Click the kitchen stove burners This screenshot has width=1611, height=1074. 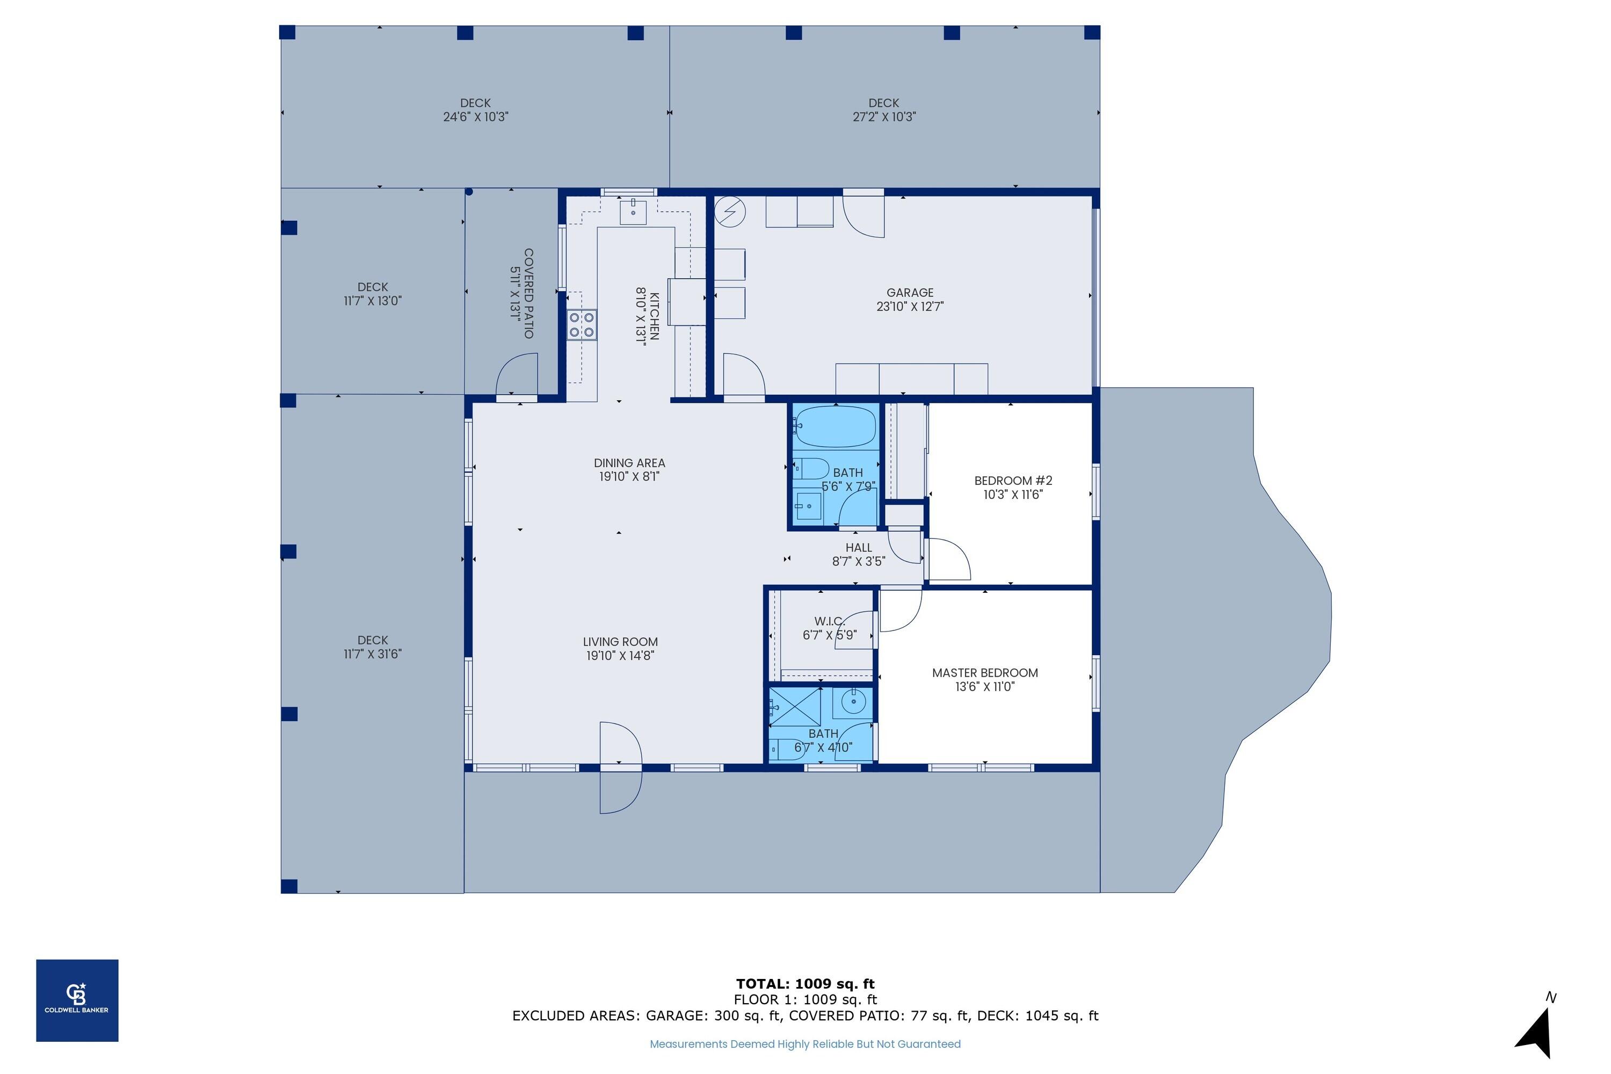click(582, 325)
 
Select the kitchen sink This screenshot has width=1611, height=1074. click(633, 212)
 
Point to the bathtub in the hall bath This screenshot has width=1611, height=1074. click(834, 425)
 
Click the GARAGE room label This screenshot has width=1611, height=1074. click(910, 293)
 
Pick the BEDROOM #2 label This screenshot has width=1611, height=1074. click(1013, 481)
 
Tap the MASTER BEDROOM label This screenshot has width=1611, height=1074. click(985, 673)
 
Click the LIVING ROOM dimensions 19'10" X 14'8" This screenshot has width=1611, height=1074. click(620, 656)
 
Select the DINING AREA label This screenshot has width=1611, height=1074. click(629, 463)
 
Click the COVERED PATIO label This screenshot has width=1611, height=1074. click(528, 293)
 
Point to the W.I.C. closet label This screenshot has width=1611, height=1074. click(829, 621)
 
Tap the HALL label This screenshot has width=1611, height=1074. click(858, 547)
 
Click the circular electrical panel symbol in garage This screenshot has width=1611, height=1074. click(730, 212)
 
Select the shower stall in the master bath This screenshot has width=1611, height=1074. click(795, 706)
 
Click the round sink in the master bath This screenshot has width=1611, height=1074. click(853, 701)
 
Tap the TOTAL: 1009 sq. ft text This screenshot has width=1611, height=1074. click(805, 984)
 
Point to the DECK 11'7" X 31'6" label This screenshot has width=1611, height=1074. click(373, 647)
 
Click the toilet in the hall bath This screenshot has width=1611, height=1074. click(811, 469)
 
